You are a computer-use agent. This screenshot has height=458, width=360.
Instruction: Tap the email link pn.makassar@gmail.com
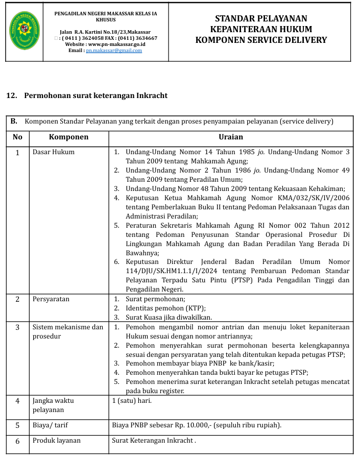coord(114,51)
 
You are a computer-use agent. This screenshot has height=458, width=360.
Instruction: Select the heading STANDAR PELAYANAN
coord(261,19)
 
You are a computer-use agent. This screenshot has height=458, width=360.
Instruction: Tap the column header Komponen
coord(69,137)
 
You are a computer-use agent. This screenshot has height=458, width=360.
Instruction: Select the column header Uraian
coord(230,137)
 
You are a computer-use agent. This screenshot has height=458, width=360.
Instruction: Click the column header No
coord(17,137)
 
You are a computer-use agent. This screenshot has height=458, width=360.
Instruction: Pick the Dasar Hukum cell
coord(54,152)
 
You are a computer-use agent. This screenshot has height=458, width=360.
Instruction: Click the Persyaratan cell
coord(51,299)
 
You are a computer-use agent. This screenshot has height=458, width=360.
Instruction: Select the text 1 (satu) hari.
coord(132,400)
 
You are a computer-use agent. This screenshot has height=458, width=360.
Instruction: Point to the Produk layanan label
coord(57,440)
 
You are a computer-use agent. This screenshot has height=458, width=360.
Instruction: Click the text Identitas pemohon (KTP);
coord(165,308)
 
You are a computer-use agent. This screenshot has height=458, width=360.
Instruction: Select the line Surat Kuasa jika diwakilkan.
coord(169,317)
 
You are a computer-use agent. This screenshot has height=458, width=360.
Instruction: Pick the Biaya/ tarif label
coord(51,425)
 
